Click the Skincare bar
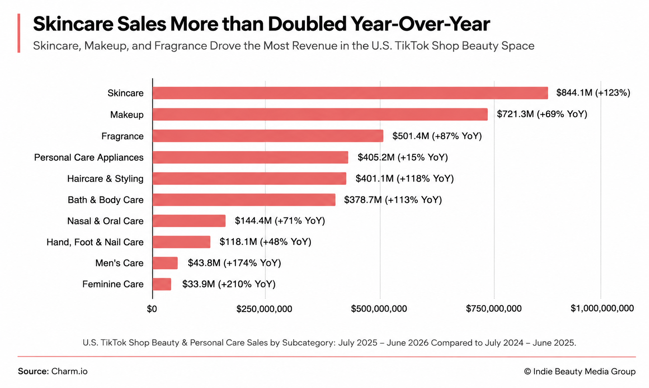pyautogui.click(x=350, y=93)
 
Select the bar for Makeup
pyautogui.click(x=320, y=114)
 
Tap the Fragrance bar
pyautogui.click(x=268, y=136)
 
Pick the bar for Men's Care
pyautogui.click(x=165, y=263)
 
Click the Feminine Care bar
pyautogui.click(x=162, y=284)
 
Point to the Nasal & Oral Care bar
pyautogui.click(x=189, y=221)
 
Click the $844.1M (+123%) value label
pyautogui.click(x=593, y=93)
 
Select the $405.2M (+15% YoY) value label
pyautogui.click(x=403, y=157)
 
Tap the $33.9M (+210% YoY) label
pyautogui.click(x=229, y=284)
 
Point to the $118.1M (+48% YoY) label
pyautogui.click(x=265, y=242)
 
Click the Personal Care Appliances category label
pyautogui.click(x=89, y=157)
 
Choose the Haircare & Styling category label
pyautogui.click(x=106, y=179)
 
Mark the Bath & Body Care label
pyautogui.click(x=106, y=200)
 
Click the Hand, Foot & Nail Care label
pyautogui.click(x=95, y=242)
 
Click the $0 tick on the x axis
pyautogui.click(x=152, y=309)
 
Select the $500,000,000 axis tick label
pyautogui.click(x=379, y=309)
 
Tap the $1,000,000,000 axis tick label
pyautogui.click(x=602, y=308)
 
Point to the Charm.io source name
pyautogui.click(x=70, y=371)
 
